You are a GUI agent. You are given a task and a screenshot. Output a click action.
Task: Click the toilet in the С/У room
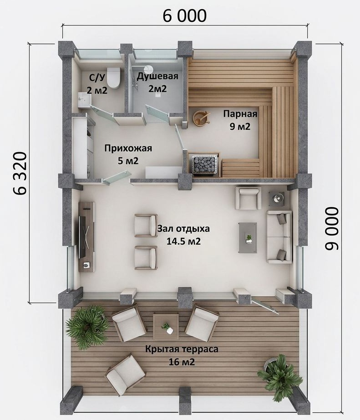(113, 78)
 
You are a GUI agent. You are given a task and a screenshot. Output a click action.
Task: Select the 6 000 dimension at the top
(185, 15)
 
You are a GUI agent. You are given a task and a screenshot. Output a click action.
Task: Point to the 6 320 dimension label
(20, 173)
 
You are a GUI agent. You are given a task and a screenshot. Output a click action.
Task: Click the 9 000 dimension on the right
(332, 229)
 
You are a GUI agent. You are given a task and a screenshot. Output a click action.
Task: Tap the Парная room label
(240, 114)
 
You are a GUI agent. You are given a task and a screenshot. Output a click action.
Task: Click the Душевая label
(157, 76)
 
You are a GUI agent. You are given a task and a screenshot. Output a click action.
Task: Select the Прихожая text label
(128, 148)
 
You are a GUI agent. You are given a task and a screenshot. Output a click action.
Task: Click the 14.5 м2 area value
(183, 241)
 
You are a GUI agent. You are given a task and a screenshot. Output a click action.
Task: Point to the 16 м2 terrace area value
(182, 362)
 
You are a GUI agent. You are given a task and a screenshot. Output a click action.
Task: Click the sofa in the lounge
(279, 237)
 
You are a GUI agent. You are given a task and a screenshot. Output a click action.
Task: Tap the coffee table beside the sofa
(248, 238)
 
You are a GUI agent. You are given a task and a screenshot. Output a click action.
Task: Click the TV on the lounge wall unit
(83, 236)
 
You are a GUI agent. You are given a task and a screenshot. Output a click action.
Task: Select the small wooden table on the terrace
(166, 327)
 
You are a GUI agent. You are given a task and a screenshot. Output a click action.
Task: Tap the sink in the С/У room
(85, 100)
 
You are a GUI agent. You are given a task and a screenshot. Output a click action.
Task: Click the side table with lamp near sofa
(279, 199)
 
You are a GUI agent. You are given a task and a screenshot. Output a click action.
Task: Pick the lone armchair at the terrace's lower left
(125, 372)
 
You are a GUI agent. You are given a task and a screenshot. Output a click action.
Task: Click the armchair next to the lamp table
(248, 198)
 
